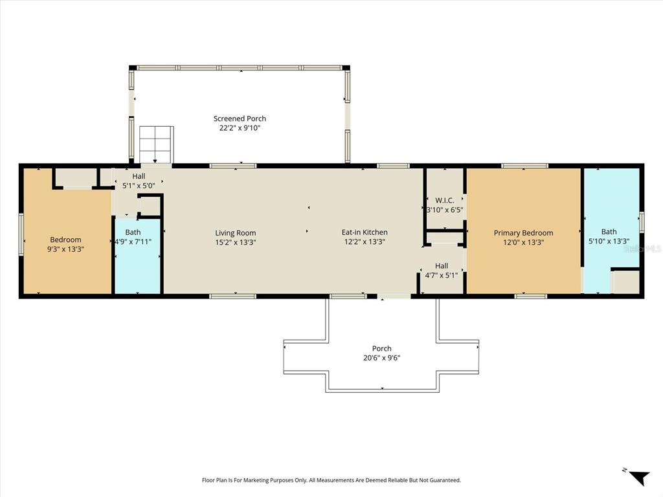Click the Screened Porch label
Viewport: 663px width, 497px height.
(240, 119)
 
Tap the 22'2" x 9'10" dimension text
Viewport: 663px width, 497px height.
(240, 128)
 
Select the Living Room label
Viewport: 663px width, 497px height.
(236, 233)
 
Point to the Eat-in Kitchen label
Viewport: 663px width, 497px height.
(365, 232)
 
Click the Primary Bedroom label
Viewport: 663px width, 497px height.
(523, 233)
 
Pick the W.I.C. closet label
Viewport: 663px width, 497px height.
(444, 201)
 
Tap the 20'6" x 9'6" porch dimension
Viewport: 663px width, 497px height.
(382, 358)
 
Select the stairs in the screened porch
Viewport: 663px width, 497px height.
(156, 144)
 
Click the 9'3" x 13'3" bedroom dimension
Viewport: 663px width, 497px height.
(65, 249)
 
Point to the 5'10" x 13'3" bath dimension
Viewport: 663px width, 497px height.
(609, 241)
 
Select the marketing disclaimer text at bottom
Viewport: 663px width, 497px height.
(331, 480)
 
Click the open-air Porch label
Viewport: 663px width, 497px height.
(382, 349)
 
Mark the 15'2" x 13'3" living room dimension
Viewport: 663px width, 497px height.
(236, 242)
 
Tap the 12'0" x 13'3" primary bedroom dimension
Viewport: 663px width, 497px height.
(523, 242)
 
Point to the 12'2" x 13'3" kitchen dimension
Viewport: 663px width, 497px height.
(365, 242)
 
